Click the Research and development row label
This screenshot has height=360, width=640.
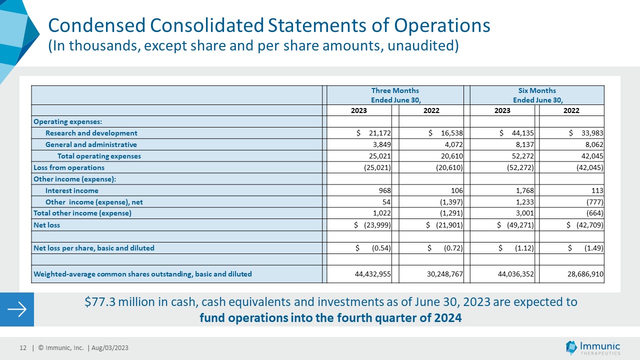tap(91, 133)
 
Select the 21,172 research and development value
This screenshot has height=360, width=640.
tap(379, 133)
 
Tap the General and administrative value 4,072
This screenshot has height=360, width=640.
tap(453, 144)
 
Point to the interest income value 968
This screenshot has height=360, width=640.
tap(385, 190)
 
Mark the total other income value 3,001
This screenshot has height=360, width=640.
tap(525, 213)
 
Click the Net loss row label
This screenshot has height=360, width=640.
tap(46, 225)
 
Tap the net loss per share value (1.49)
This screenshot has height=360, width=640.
tap(593, 248)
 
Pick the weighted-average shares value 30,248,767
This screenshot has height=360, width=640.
tap(445, 274)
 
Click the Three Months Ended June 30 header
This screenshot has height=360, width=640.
tap(395, 95)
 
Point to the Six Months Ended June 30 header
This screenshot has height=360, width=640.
tap(537, 95)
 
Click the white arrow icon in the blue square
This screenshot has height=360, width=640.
tap(17, 309)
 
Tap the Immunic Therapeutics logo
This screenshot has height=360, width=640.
tap(592, 347)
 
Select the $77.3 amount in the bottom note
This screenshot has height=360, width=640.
tap(99, 302)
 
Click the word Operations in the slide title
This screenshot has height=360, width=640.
tap(442, 25)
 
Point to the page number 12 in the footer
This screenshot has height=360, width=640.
tap(23, 347)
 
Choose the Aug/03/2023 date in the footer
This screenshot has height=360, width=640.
tap(110, 347)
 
